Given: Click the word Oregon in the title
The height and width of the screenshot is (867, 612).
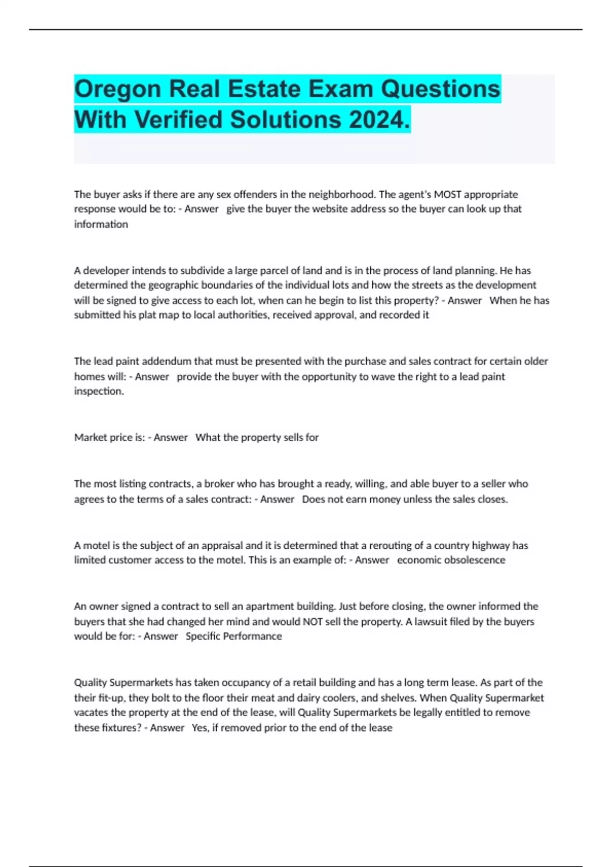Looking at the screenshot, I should tap(118, 89).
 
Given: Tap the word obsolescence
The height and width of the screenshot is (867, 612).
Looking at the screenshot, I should tap(475, 560).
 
